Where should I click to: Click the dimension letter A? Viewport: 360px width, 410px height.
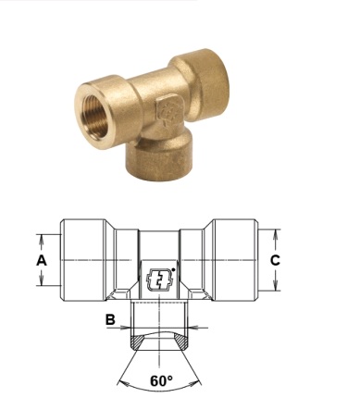42,260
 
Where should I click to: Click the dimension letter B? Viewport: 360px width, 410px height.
110,319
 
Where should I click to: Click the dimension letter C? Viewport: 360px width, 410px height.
275,260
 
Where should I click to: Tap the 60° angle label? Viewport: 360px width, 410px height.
161,381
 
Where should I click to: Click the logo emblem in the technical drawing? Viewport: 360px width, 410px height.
159,279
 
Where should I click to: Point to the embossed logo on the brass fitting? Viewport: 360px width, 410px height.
168,112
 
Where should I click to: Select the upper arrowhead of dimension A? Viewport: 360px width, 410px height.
42,238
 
